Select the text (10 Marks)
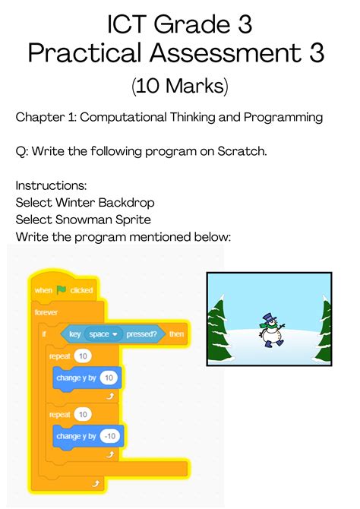180,85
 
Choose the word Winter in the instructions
74,202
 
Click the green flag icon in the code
62,290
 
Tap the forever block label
46,312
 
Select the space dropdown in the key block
104,334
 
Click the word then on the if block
176,334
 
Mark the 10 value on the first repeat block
83,356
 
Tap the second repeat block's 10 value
83,414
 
